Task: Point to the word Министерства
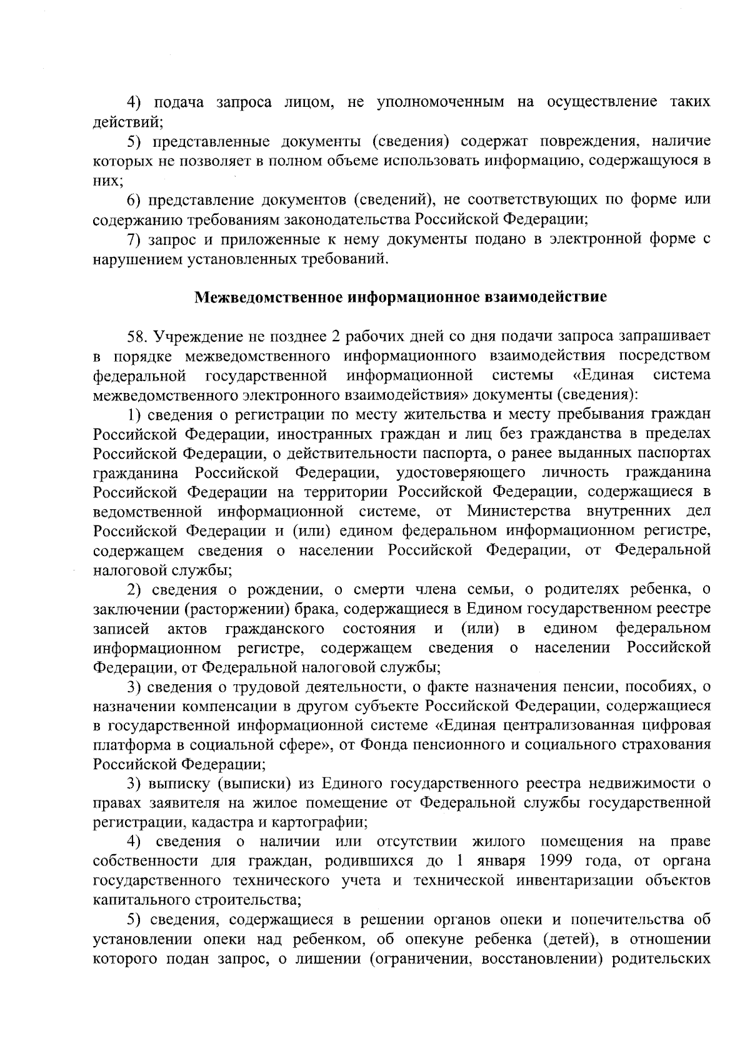pyautogui.click(x=518, y=512)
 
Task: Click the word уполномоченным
pyautogui.click(x=441, y=102)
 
